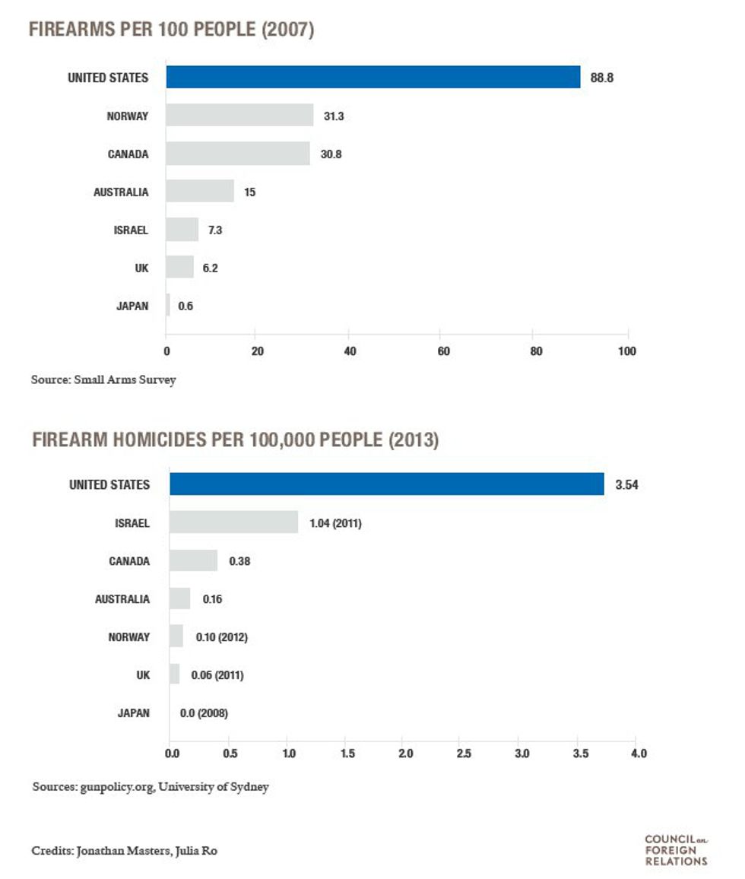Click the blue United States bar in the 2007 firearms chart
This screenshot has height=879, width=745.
point(372,77)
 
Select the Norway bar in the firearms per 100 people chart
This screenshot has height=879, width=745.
point(239,116)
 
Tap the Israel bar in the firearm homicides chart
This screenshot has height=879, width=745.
point(233,522)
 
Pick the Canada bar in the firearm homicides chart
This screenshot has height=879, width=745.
point(193,561)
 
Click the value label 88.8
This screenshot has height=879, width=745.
point(602,78)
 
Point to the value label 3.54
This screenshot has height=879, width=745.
point(626,484)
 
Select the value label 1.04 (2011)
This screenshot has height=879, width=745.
point(335,523)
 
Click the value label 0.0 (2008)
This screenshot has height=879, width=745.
point(204,713)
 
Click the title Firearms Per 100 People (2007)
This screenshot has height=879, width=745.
point(172,30)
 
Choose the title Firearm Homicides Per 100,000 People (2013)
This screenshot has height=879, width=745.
point(235,440)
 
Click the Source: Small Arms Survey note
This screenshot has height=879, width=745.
point(103,379)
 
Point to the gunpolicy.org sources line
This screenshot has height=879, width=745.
point(151,787)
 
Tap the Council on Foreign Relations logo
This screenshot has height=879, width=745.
point(676,850)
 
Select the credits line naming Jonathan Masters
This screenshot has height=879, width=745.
point(125,850)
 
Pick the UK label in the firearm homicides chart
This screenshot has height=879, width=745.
point(142,675)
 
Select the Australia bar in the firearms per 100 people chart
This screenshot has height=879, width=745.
point(200,191)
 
